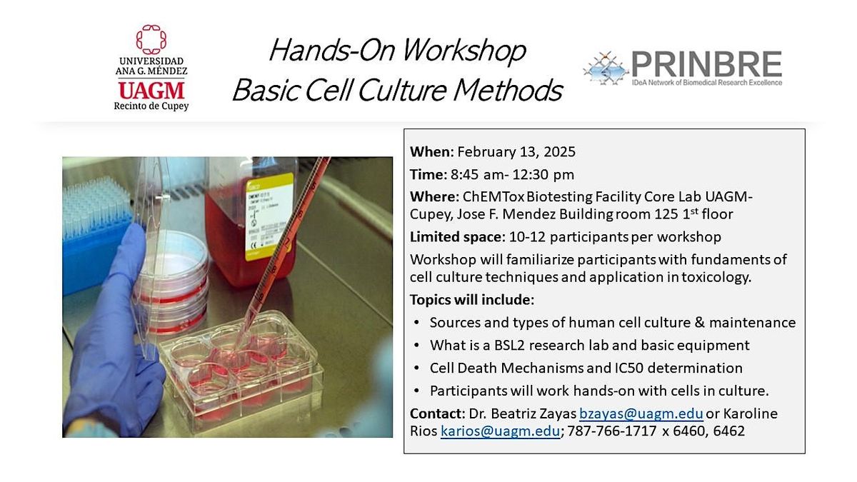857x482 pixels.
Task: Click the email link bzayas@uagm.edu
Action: point(641,414)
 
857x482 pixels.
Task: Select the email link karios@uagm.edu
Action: point(500,431)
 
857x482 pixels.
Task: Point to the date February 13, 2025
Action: point(516,151)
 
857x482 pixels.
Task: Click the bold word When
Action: point(431,151)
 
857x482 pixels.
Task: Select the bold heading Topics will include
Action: point(471,299)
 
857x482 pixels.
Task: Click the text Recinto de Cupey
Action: point(151,106)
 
